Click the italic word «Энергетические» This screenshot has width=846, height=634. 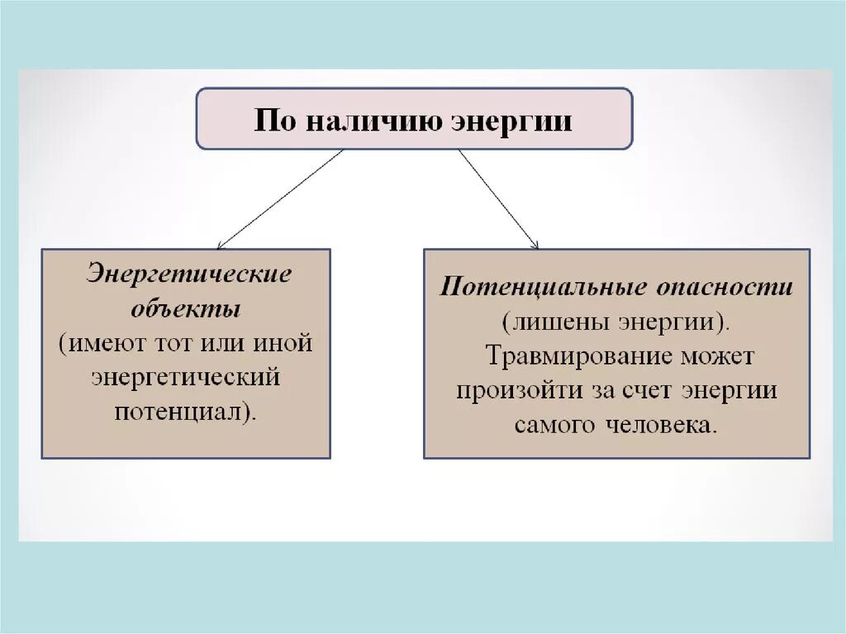[189, 274]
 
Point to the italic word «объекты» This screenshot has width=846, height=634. [187, 309]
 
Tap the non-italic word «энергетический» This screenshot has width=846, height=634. [186, 377]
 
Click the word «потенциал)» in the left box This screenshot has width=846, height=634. [185, 411]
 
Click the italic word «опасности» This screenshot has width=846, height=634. [725, 287]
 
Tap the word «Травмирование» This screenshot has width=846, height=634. [571, 355]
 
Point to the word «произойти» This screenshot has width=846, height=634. [510, 390]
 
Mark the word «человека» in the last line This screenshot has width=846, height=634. [661, 425]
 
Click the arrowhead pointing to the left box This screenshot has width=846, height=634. [220, 245]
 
